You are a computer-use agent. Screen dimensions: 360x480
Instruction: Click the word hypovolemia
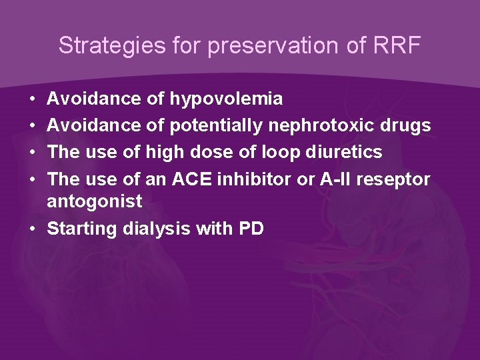click(226, 99)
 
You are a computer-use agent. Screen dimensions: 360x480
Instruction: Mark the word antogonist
click(95, 201)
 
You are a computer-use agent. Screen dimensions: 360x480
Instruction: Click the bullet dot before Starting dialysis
click(33, 229)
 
